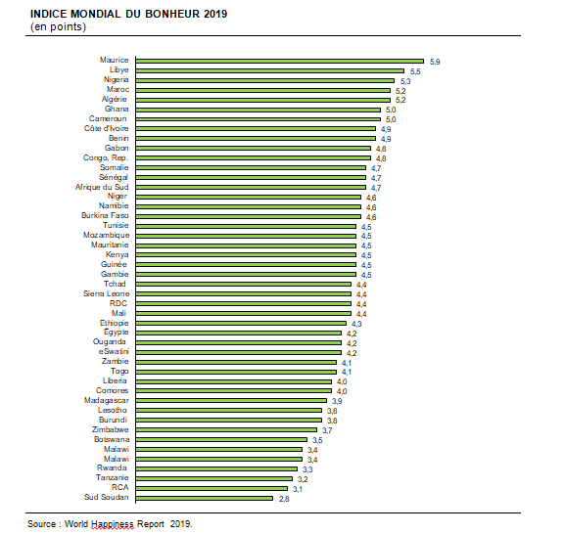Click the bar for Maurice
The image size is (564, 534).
[x=279, y=62]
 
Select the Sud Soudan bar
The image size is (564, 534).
[x=204, y=498]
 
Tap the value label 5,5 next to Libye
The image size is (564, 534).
[x=415, y=71]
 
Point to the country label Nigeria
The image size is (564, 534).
[x=116, y=79]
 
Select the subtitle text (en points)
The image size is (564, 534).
[x=58, y=27]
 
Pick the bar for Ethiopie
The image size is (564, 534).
[x=241, y=324]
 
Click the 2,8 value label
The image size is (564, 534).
[x=284, y=499]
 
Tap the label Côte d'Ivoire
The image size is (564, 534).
[x=106, y=128]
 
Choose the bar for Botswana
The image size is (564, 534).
[x=221, y=439]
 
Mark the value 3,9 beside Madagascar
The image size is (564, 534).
[x=337, y=401]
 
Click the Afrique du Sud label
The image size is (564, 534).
[x=102, y=187]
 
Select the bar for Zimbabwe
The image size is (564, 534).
[x=226, y=429]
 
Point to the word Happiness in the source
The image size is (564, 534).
[x=113, y=524]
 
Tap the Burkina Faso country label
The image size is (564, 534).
[x=105, y=215]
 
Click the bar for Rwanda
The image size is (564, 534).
[x=216, y=468]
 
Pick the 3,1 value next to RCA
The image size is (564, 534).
[x=298, y=489]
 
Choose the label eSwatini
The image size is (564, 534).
[x=114, y=351]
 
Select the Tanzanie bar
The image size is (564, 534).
[x=214, y=478]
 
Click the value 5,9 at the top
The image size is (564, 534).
[x=435, y=62]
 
